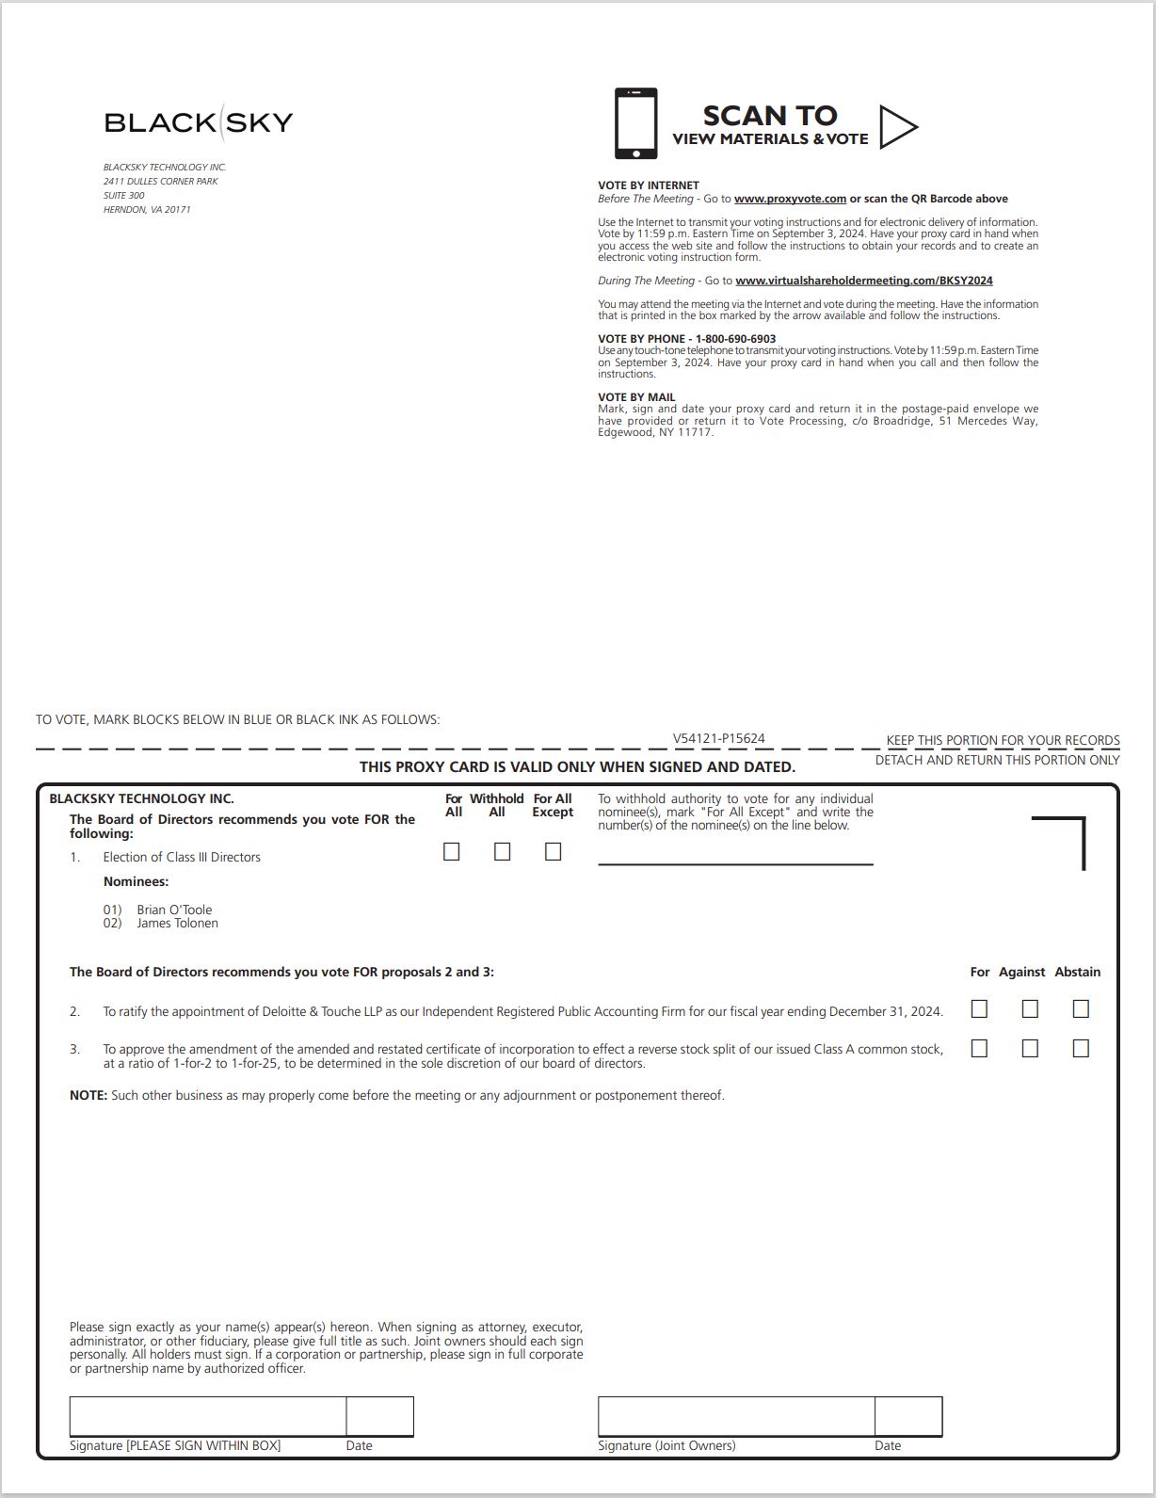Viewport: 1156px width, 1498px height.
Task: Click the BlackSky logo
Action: click(199, 121)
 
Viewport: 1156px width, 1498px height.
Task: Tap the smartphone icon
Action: click(635, 123)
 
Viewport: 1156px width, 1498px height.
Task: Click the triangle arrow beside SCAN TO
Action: click(897, 126)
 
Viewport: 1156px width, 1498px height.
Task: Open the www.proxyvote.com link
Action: click(790, 199)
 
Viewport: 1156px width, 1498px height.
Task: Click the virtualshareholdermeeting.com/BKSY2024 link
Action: click(863, 281)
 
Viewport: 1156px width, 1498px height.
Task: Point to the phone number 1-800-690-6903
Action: click(735, 339)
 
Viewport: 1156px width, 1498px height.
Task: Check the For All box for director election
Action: click(452, 851)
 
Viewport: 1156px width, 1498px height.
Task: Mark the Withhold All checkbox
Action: click(503, 851)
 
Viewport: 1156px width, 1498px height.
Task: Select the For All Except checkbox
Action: click(554, 851)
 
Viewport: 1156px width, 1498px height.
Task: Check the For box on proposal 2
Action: click(979, 1009)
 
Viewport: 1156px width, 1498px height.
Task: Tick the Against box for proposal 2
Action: click(1030, 1009)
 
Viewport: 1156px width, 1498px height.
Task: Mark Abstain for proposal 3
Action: click(1081, 1048)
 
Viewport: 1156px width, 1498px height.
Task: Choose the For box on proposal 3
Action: click(979, 1048)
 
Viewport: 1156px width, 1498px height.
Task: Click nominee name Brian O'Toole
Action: click(174, 910)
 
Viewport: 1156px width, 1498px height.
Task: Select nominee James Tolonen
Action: click(177, 924)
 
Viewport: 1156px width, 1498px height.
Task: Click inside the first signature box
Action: click(207, 1416)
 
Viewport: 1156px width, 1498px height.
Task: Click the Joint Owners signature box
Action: click(735, 1416)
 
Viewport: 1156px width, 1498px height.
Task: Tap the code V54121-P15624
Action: click(718, 739)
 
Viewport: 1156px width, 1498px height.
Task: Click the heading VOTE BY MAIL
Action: click(636, 397)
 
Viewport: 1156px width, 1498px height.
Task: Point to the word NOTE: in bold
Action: click(88, 1096)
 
